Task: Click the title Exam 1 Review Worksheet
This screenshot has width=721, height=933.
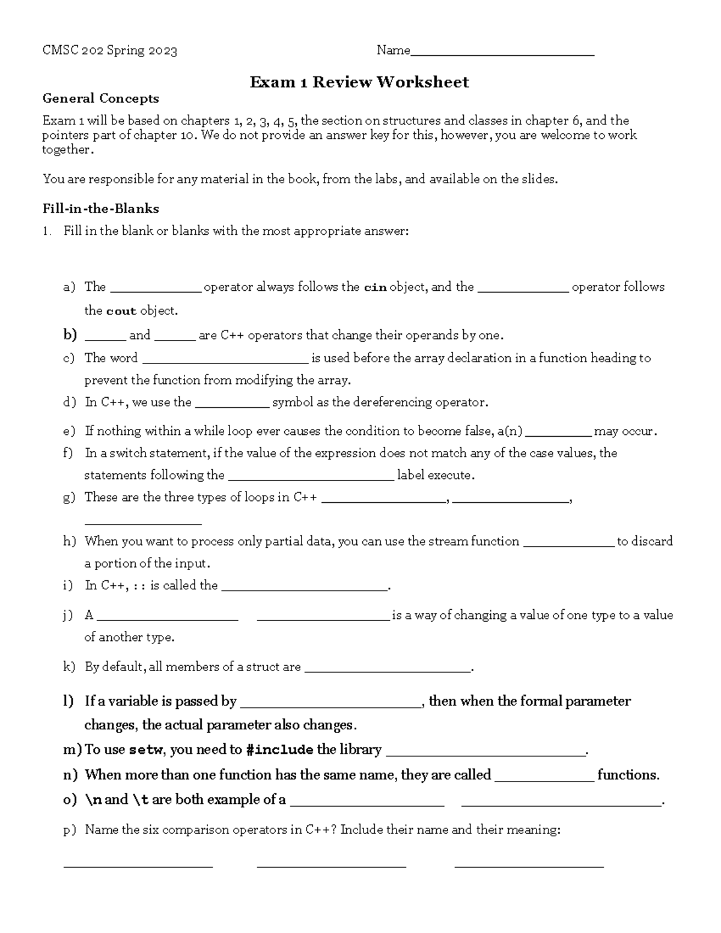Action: coord(359,82)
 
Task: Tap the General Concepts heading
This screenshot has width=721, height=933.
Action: coord(100,99)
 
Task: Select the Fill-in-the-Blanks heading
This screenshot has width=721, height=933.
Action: coord(100,208)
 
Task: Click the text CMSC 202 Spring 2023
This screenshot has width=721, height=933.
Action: coord(109,50)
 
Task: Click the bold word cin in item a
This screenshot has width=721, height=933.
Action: coord(376,287)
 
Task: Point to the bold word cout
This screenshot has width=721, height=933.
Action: coord(121,311)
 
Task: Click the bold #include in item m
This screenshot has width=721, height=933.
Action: coord(279,750)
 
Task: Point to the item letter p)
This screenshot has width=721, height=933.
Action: coord(70,830)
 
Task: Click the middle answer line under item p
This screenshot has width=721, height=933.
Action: coord(331,865)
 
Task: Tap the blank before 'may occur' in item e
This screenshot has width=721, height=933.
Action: coord(558,434)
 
